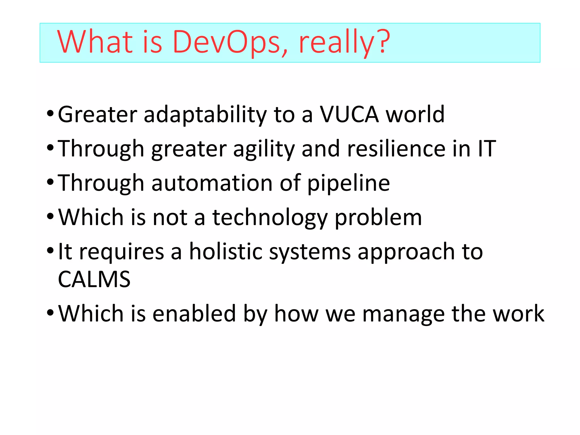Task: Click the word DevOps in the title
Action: pyautogui.click(x=227, y=42)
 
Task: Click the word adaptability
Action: pyautogui.click(x=205, y=115)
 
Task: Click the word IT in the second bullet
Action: pyautogui.click(x=487, y=148)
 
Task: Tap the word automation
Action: pyautogui.click(x=212, y=183)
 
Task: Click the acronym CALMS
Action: pyautogui.click(x=94, y=279)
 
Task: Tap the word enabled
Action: pyautogui.click(x=194, y=314)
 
